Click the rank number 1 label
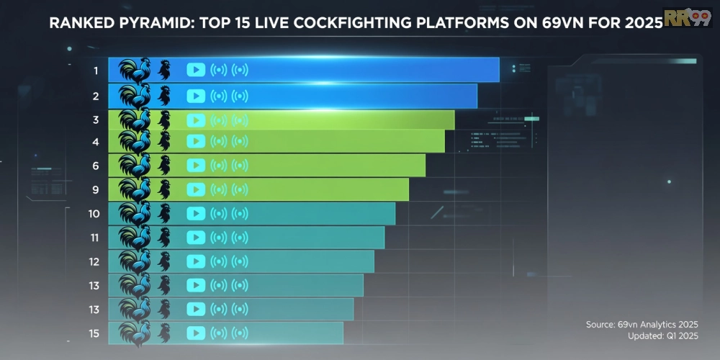click(x=95, y=71)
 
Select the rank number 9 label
click(x=95, y=190)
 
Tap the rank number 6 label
click(x=95, y=166)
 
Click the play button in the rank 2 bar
click(x=196, y=96)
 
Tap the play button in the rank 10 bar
click(x=196, y=214)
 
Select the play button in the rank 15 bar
click(x=196, y=333)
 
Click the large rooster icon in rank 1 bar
click(x=135, y=71)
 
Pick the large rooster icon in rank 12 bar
click(x=135, y=261)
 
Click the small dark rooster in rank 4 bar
click(x=164, y=142)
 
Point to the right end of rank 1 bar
click(x=498, y=70)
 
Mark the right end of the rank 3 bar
click(x=453, y=120)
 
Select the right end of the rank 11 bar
click(x=383, y=238)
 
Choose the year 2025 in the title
click(x=637, y=23)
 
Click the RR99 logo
click(x=688, y=17)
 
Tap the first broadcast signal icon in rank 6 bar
click(x=218, y=166)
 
